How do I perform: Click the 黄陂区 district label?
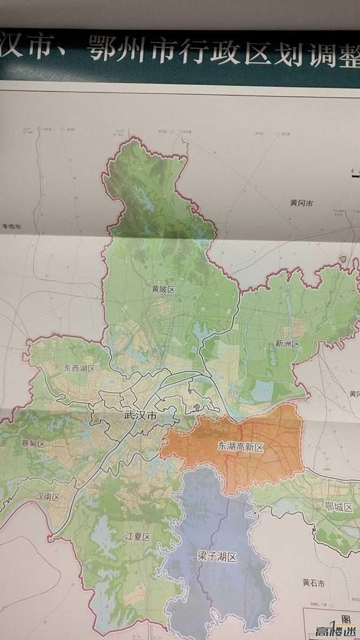[x=163, y=290]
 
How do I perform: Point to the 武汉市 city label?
[x=140, y=415]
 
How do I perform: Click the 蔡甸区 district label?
[x=33, y=444]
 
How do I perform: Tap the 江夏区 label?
[x=138, y=537]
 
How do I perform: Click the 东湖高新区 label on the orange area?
[x=241, y=446]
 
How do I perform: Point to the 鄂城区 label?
[x=339, y=507]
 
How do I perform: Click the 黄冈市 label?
[x=301, y=203]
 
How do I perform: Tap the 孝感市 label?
[x=11, y=227]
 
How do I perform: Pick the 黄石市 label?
[x=313, y=583]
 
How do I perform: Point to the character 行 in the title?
[x=190, y=52]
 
